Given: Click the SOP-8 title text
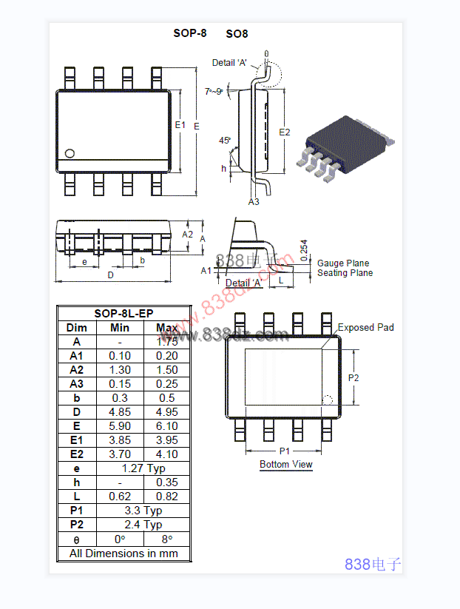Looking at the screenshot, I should pyautogui.click(x=190, y=33).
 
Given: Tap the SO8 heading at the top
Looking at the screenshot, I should pyautogui.click(x=237, y=34).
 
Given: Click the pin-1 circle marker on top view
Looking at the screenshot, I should pyautogui.click(x=70, y=153).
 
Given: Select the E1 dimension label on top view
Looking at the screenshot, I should pyautogui.click(x=180, y=125).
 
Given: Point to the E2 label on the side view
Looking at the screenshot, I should pyautogui.click(x=285, y=132).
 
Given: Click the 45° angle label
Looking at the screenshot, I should pyautogui.click(x=225, y=140).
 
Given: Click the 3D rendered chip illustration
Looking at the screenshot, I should pyautogui.click(x=345, y=146).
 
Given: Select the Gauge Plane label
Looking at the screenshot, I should pyautogui.click(x=343, y=263).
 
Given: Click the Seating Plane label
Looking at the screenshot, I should pyautogui.click(x=345, y=273).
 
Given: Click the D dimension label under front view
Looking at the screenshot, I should pyautogui.click(x=111, y=275).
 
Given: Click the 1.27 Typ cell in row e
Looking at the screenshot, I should pyautogui.click(x=146, y=468).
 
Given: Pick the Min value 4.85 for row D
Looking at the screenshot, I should pyautogui.click(x=120, y=412).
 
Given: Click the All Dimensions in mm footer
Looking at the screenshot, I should pyautogui.click(x=119, y=553).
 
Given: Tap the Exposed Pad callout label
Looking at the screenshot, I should pyautogui.click(x=365, y=327).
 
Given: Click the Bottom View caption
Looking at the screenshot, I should pyautogui.click(x=285, y=465).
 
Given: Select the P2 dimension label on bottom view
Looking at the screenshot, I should pyautogui.click(x=354, y=377).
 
